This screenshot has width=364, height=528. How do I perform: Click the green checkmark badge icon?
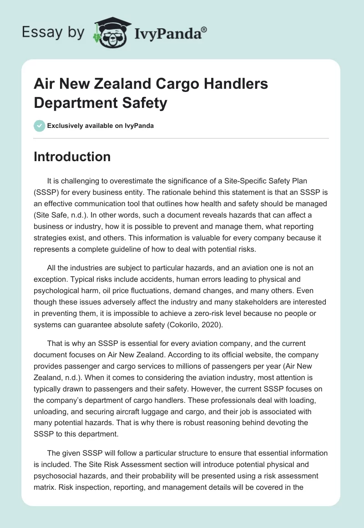(39, 126)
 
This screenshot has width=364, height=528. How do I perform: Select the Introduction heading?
(72, 157)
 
